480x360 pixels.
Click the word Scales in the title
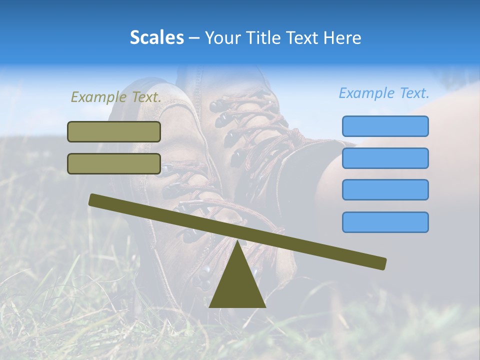coord(156,37)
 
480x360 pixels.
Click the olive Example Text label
coord(116,97)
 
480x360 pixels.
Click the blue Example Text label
coord(384,93)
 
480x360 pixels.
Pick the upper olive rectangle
coord(114,131)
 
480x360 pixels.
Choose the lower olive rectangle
coord(114,163)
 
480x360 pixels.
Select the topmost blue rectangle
coord(385,126)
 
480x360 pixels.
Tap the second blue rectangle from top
coord(385,158)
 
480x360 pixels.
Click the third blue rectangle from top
coord(385,190)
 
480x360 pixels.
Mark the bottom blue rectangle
coord(385,222)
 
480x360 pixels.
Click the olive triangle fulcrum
coord(237,282)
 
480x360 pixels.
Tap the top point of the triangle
coord(237,241)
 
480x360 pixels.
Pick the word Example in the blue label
coord(367,93)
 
